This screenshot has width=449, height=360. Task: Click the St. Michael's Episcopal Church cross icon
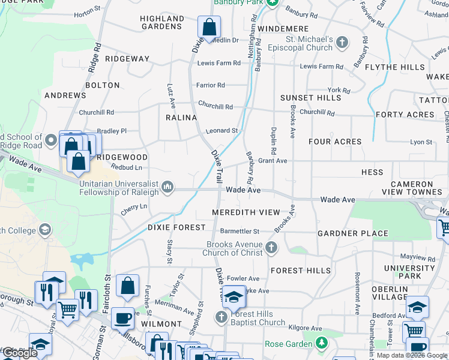coord(342,42)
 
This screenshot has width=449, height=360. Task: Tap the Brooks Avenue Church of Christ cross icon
coord(272,247)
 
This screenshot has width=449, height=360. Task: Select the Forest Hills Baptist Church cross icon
coord(221,317)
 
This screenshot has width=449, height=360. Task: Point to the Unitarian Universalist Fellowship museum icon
coord(167,188)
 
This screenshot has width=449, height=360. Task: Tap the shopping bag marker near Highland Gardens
coord(209,27)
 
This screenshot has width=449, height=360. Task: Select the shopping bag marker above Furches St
coord(128,287)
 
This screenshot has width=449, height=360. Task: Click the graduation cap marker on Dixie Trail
coord(234,296)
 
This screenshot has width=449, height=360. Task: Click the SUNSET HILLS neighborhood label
coord(310,97)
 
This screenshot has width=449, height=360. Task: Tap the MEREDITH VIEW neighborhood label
coord(246,212)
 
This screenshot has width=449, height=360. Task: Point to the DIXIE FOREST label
coord(176,227)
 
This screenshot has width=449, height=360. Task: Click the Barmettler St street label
coord(240,231)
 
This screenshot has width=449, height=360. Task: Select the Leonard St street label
coord(222,130)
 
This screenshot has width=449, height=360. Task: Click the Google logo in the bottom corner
coord(19,353)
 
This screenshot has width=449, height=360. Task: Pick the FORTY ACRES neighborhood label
coord(405,115)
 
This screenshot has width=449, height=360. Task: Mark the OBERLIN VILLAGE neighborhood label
coord(390,293)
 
